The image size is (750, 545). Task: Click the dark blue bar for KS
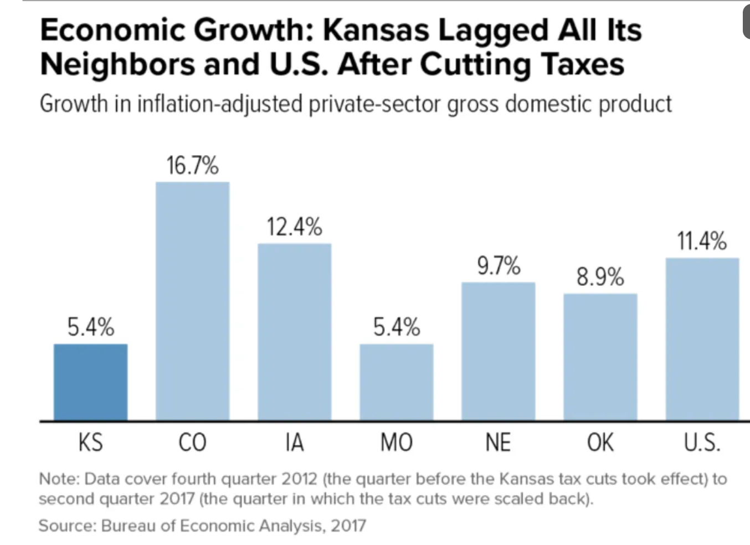tap(90, 382)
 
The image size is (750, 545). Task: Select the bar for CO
tap(192, 301)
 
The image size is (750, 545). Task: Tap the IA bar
tap(294, 332)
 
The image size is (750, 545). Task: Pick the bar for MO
tap(396, 382)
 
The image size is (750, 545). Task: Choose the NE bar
tap(498, 351)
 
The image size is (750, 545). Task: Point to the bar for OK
tap(600, 357)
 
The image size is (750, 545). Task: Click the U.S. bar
tap(702, 339)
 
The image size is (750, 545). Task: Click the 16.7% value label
tap(192, 166)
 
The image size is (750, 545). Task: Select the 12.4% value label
tap(294, 227)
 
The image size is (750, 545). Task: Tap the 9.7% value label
tap(499, 266)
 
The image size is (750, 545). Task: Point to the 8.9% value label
tap(600, 276)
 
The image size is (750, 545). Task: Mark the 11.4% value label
tap(701, 241)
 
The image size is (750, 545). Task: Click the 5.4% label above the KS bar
tap(91, 327)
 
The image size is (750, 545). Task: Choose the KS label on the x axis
tap(90, 443)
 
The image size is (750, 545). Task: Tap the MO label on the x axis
tap(396, 443)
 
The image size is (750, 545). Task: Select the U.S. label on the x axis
tap(702, 443)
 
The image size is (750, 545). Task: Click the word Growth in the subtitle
tap(74, 104)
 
